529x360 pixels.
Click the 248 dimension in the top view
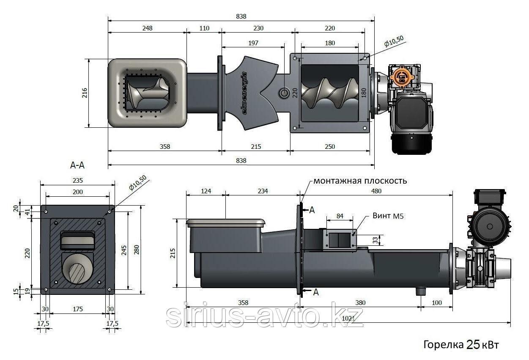[147, 28]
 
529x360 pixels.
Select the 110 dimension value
[204, 28]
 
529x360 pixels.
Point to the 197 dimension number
[253, 43]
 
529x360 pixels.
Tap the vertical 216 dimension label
[84, 92]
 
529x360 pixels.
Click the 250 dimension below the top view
[330, 147]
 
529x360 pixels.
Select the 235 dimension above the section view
[77, 180]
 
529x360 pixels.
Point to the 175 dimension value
[78, 309]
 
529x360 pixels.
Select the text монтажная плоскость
[360, 181]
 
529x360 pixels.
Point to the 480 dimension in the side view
[376, 191]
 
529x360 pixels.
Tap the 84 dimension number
[340, 216]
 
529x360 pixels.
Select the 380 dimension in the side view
[360, 303]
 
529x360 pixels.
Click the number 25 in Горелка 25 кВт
[473, 345]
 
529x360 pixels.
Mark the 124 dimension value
[206, 191]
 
